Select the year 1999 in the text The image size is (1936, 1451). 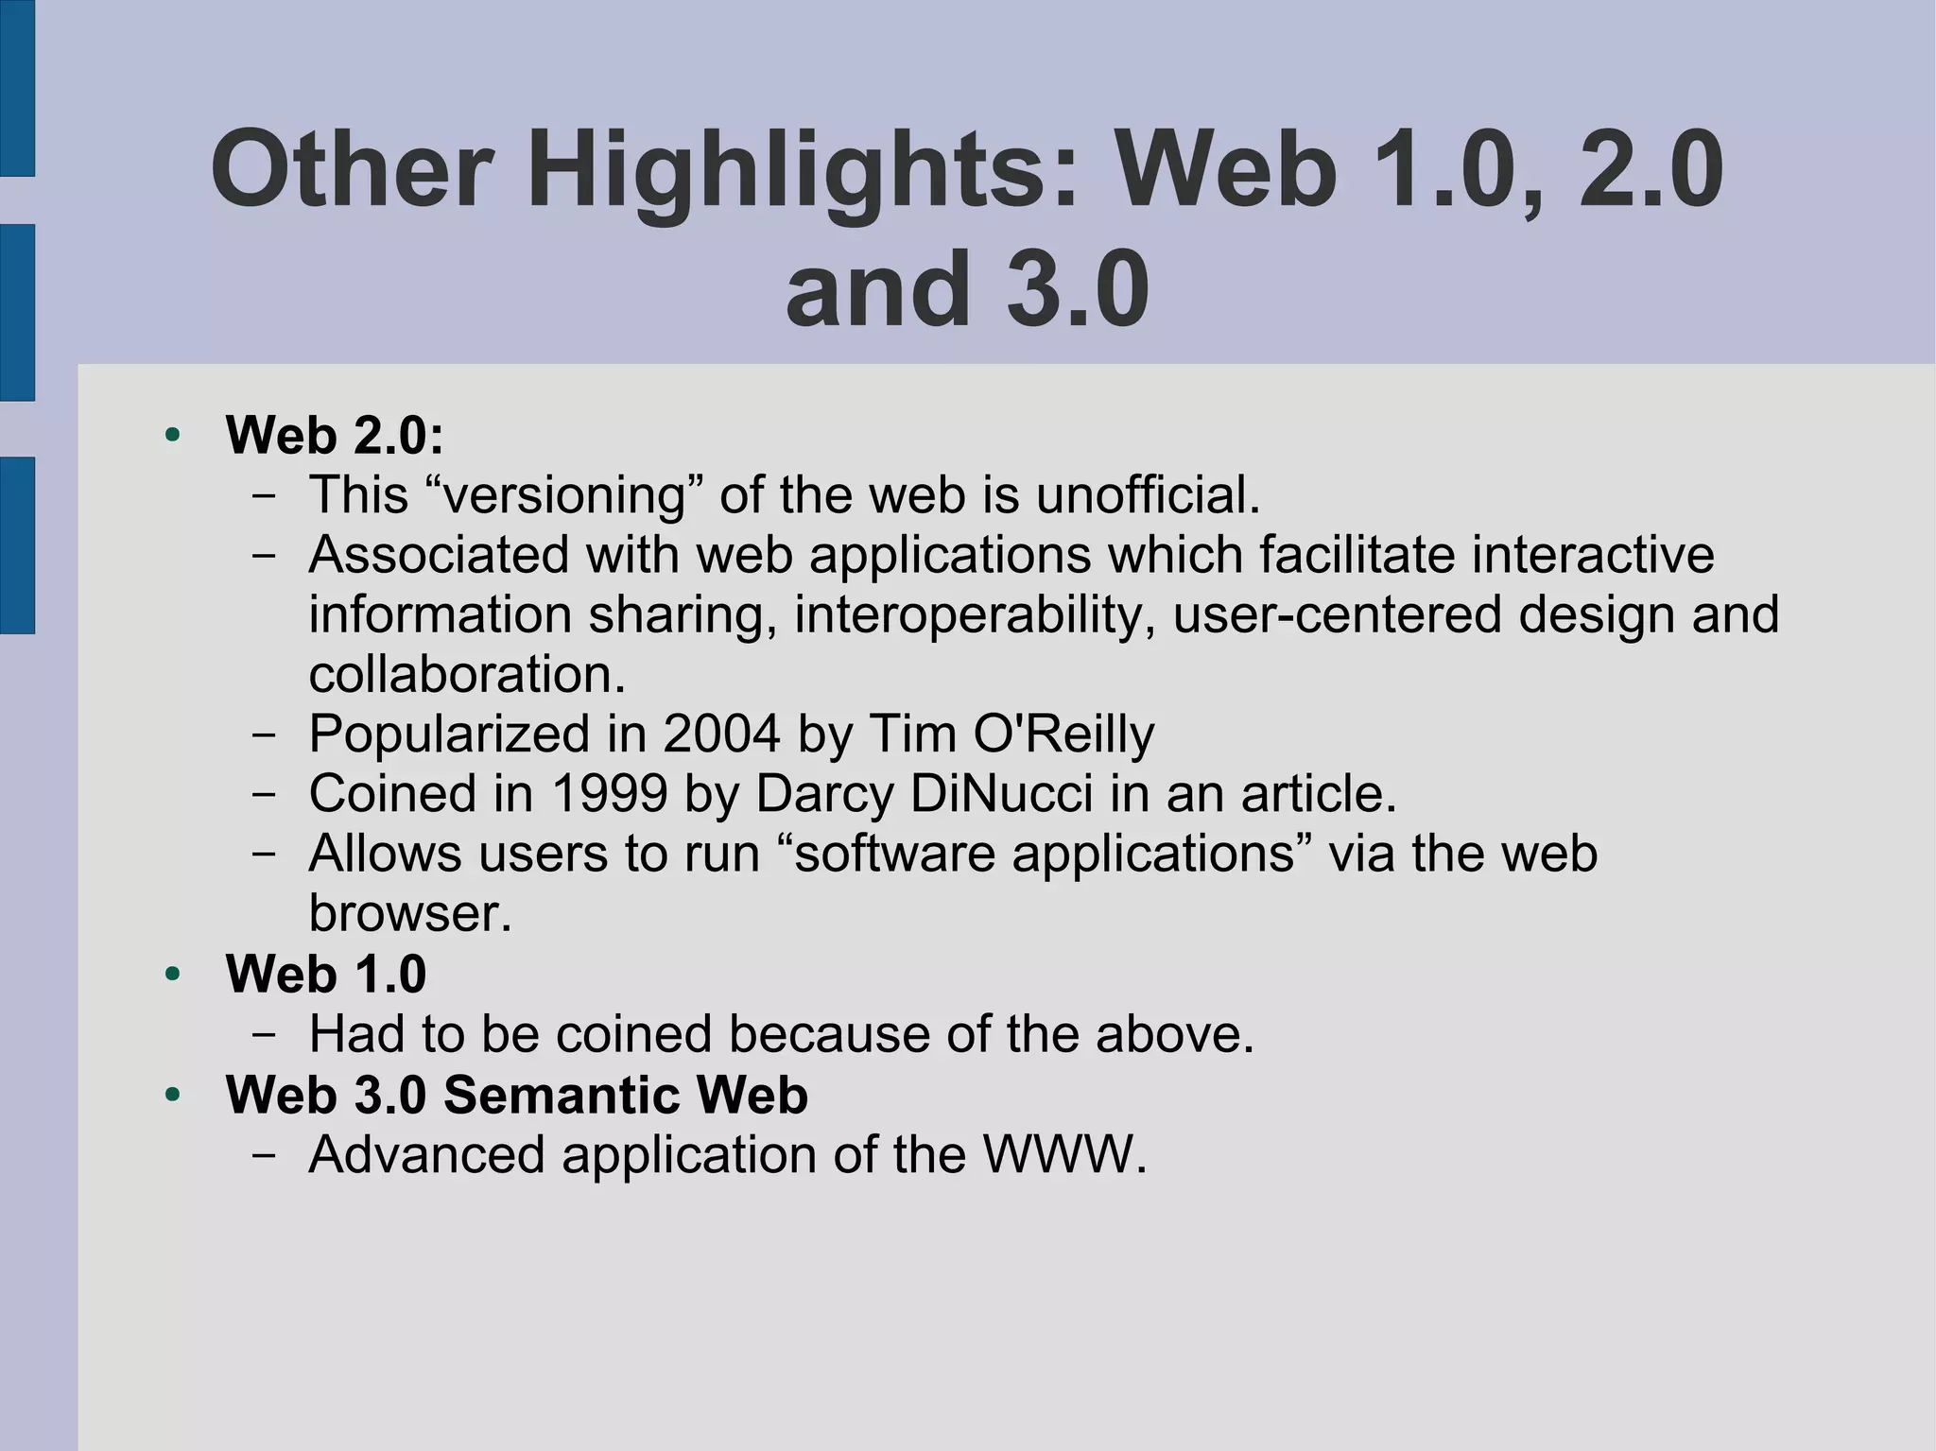[x=609, y=793]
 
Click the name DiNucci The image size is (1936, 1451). [x=1001, y=793]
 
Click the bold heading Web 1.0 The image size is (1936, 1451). [x=326, y=974]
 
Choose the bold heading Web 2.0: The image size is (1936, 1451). [x=335, y=435]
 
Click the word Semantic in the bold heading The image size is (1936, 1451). [x=561, y=1095]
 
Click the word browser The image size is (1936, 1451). [x=409, y=913]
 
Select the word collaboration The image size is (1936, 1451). [x=467, y=674]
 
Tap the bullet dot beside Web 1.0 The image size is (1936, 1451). [x=172, y=974]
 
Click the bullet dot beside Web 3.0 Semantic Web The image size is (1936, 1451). [x=172, y=1095]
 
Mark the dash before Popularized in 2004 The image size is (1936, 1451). [x=265, y=734]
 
